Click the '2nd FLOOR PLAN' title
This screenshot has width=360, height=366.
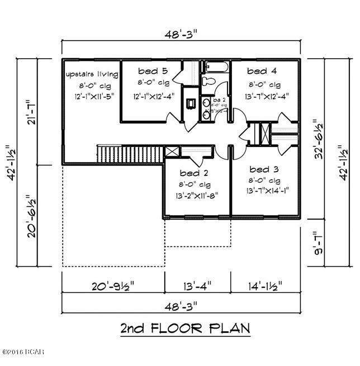[x=184, y=328]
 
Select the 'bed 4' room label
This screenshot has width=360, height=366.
[x=263, y=71]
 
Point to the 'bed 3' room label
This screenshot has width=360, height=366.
[x=264, y=169]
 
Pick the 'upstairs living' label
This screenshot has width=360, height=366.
[x=92, y=74]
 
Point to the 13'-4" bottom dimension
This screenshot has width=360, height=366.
[x=197, y=286]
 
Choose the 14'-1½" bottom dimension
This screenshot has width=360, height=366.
[x=265, y=286]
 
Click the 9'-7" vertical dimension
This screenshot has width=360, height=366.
[x=318, y=243]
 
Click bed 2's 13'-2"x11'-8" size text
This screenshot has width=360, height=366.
[x=196, y=195]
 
